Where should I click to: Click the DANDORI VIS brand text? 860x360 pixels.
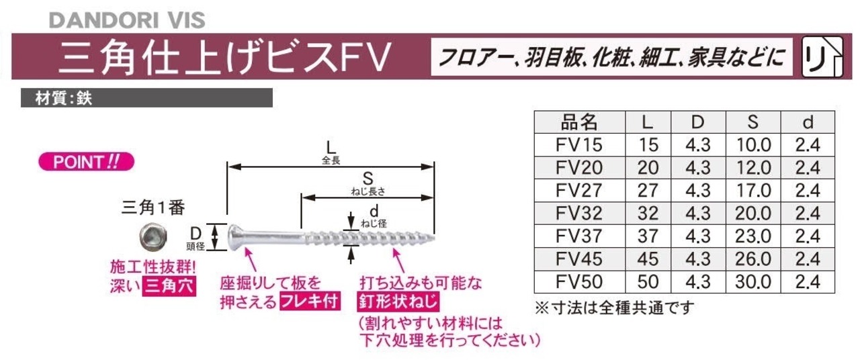[x=126, y=19]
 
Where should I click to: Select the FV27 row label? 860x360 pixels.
[x=580, y=190]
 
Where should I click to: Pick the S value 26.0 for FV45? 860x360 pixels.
[x=754, y=259]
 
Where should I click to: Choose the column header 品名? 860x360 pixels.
[x=579, y=122]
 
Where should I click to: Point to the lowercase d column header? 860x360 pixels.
[x=808, y=122]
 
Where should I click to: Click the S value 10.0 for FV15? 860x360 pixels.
[x=754, y=144]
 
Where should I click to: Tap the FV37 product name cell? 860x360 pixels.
[x=580, y=236]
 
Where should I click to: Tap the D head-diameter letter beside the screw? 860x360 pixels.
[x=197, y=232]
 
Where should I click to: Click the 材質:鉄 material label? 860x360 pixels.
[x=64, y=98]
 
